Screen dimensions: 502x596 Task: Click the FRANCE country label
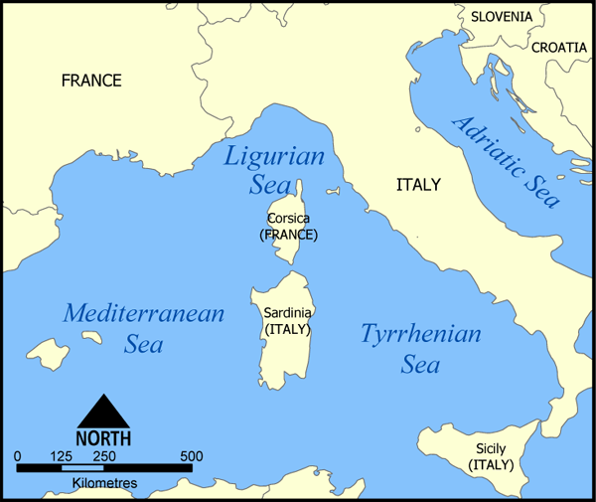pyautogui.click(x=91, y=81)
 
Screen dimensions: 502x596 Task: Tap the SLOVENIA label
pyautogui.click(x=502, y=17)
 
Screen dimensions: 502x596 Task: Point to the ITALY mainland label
pyautogui.click(x=418, y=184)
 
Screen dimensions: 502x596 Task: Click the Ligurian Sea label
pyautogui.click(x=261, y=170)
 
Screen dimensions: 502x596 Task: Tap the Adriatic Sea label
pyautogui.click(x=506, y=160)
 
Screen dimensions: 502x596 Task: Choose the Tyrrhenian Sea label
pyautogui.click(x=420, y=349)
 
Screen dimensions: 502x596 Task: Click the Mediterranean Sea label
pyautogui.click(x=144, y=329)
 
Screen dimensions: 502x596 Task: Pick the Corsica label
pyautogui.click(x=289, y=219)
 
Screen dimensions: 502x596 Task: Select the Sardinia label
pyautogui.click(x=288, y=312)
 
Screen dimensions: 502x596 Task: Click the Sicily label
pyautogui.click(x=492, y=448)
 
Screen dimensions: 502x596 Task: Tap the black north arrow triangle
pyautogui.click(x=103, y=411)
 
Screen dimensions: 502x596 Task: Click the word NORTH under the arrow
pyautogui.click(x=103, y=437)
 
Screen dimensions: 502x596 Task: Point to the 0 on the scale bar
pyautogui.click(x=18, y=456)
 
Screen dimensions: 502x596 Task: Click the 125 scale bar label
pyautogui.click(x=61, y=456)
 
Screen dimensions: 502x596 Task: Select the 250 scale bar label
pyautogui.click(x=103, y=456)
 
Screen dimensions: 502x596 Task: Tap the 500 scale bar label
pyautogui.click(x=191, y=456)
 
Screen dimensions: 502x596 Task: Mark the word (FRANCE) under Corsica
pyautogui.click(x=289, y=236)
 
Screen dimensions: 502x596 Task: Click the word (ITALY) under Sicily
pyautogui.click(x=492, y=464)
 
